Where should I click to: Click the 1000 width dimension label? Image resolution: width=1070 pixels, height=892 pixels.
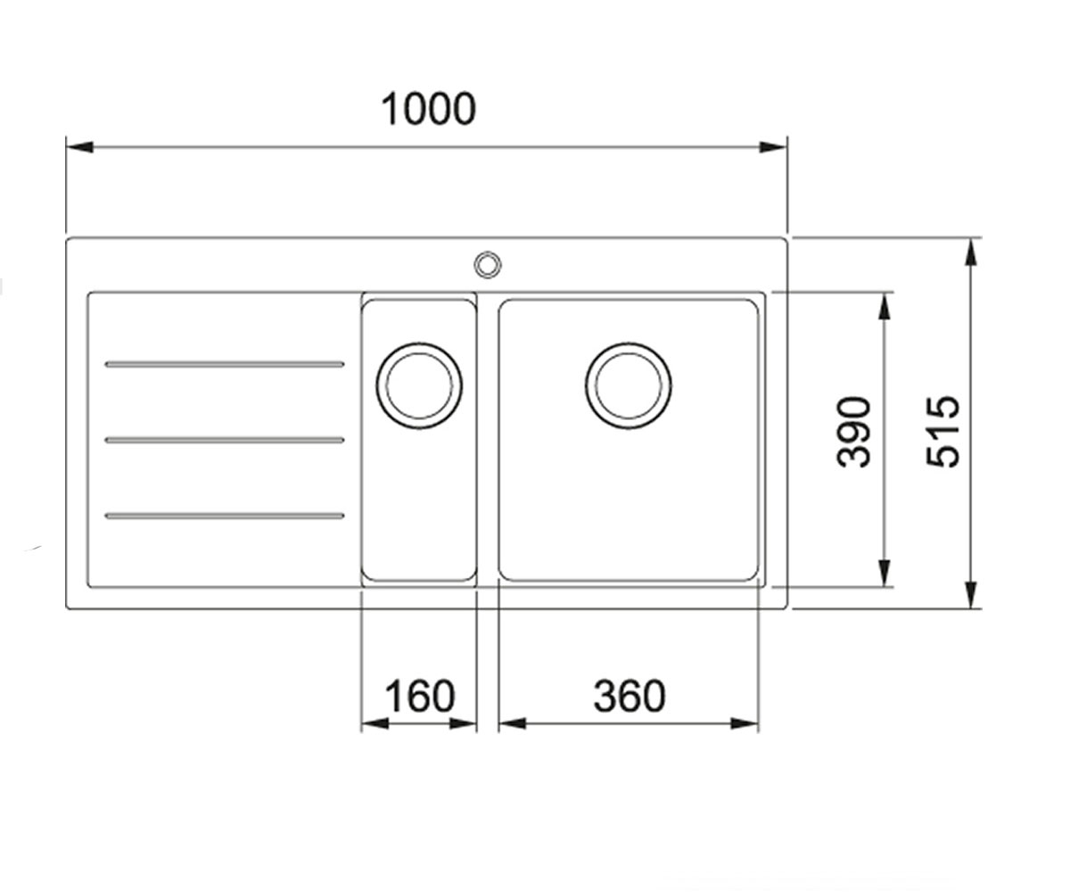428,109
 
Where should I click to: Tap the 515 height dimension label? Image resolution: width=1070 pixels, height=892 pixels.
942,432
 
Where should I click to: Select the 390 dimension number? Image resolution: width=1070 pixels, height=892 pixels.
853,432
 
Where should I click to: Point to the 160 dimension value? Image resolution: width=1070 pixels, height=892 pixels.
419,696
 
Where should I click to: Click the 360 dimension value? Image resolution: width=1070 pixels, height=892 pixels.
630,696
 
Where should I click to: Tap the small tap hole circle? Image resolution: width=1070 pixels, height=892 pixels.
488,265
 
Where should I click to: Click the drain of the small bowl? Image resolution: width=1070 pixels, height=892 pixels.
419,385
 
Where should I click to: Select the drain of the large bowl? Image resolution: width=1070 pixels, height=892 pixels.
629,385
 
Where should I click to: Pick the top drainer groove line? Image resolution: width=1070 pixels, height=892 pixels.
225,365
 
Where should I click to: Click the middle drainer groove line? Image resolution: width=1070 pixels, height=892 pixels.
225,440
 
